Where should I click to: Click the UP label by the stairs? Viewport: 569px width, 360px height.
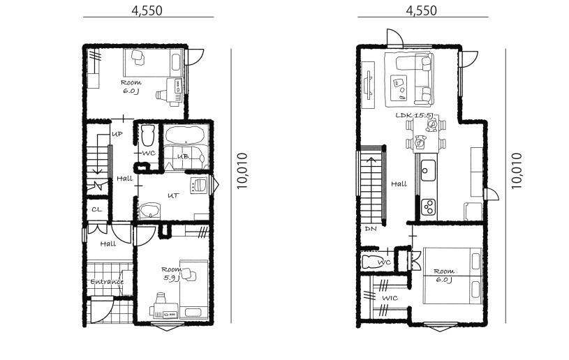click(117, 134)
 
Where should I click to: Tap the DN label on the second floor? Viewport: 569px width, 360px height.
click(371, 229)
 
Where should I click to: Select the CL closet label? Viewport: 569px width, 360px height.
click(97, 209)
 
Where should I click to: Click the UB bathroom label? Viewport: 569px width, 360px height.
click(183, 156)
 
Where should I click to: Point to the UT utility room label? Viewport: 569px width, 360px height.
click(173, 196)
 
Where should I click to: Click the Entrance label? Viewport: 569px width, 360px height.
click(107, 282)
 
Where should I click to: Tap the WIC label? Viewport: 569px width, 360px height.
click(390, 298)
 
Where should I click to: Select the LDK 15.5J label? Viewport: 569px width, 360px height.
click(414, 116)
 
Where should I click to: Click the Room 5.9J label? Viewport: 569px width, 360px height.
click(171, 273)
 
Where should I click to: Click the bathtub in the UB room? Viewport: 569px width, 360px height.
click(184, 135)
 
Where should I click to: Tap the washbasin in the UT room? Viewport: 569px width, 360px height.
click(149, 210)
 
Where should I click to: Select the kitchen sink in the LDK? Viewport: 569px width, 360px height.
click(428, 170)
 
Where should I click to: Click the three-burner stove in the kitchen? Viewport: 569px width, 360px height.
click(429, 207)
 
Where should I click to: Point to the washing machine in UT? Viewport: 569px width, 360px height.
click(198, 185)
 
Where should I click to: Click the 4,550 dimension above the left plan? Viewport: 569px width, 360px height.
click(147, 11)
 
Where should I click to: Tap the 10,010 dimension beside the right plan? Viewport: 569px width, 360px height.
click(517, 171)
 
